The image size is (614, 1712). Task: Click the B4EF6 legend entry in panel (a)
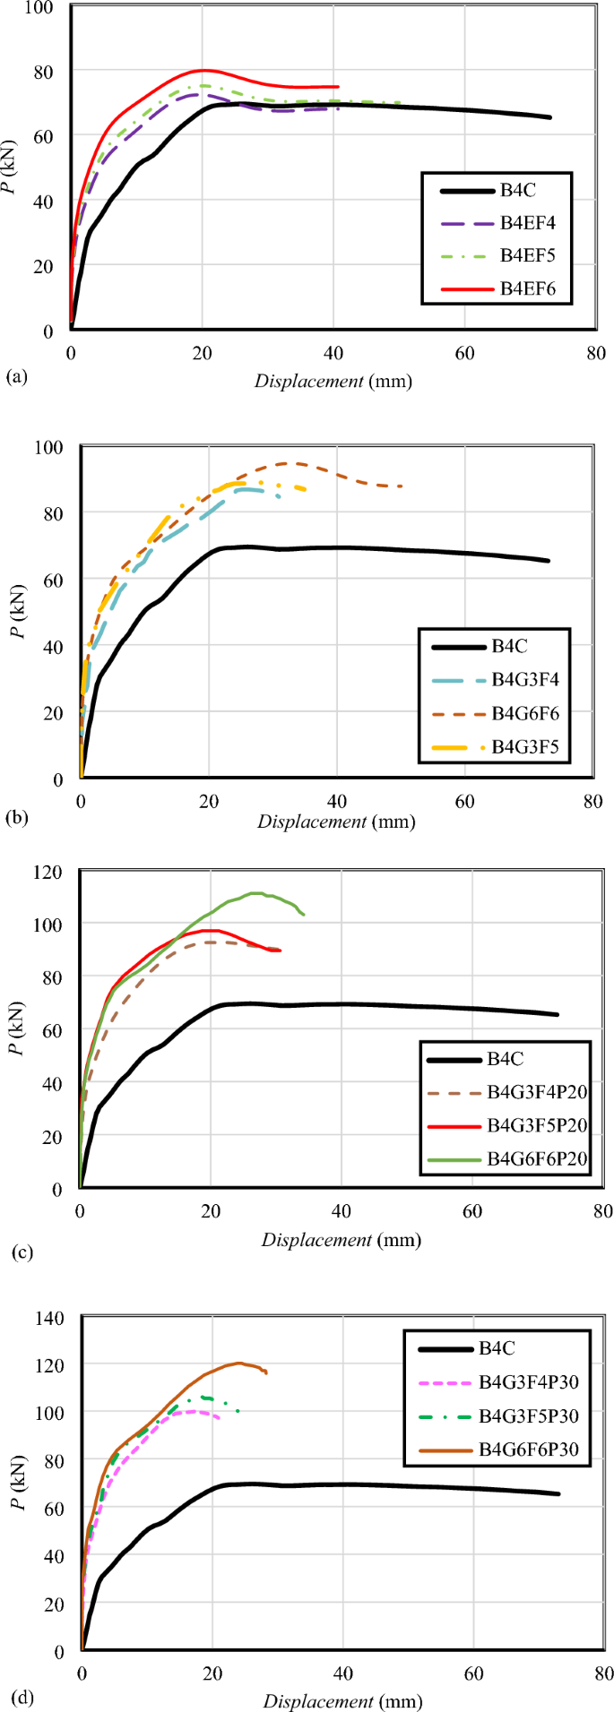pyautogui.click(x=528, y=288)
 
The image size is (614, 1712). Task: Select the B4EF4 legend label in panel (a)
pyautogui.click(x=528, y=222)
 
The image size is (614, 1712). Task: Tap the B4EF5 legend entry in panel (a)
pyautogui.click(x=528, y=255)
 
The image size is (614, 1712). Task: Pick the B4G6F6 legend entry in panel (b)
pyautogui.click(x=524, y=713)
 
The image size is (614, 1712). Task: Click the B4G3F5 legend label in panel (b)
pyautogui.click(x=524, y=747)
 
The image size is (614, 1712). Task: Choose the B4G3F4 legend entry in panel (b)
pyautogui.click(x=524, y=680)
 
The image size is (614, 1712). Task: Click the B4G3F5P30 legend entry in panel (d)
pyautogui.click(x=528, y=1415)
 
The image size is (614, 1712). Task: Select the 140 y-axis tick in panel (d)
pyautogui.click(x=49, y=1317)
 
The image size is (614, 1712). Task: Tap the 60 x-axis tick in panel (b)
pyautogui.click(x=464, y=801)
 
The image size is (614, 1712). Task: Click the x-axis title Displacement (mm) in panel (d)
pyautogui.click(x=342, y=1700)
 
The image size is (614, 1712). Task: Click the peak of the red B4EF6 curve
pyautogui.click(x=203, y=70)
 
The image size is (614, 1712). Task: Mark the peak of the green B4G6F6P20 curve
pyautogui.click(x=256, y=892)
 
